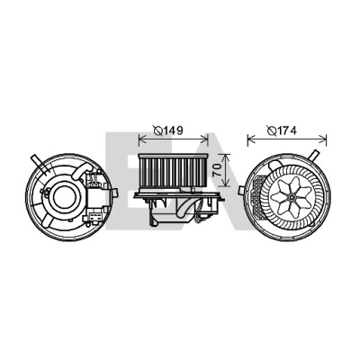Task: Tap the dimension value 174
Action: [287, 130]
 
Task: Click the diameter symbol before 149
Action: [158, 130]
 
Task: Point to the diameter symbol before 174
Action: [272, 130]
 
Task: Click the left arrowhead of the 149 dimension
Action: [142, 139]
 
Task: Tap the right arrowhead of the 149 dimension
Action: [204, 139]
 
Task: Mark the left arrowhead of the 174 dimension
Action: [251, 139]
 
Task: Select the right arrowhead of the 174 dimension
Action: [323, 139]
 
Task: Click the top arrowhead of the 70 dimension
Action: [226, 157]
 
